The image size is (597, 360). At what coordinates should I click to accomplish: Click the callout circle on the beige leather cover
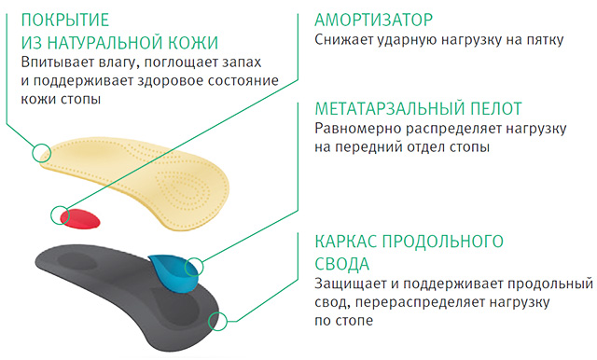(x=40, y=152)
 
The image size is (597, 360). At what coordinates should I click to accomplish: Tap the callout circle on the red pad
(x=62, y=215)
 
